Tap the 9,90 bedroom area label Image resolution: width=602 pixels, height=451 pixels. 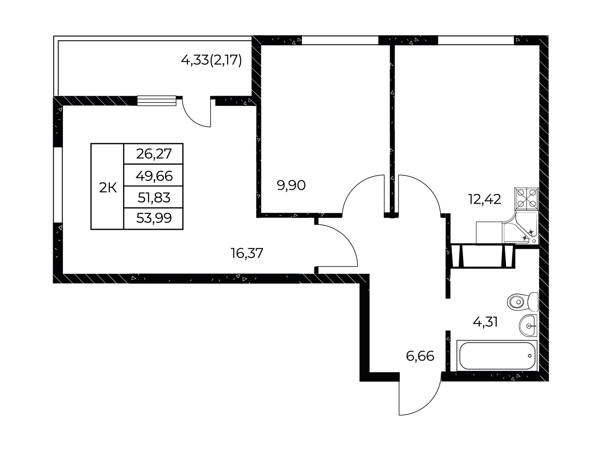(291, 185)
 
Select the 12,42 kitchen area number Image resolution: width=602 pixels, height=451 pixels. (484, 199)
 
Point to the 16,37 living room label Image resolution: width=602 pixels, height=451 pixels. (247, 253)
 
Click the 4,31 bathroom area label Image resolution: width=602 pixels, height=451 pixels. (485, 322)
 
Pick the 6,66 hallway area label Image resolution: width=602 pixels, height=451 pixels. (420, 356)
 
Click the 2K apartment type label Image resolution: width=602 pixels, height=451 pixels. (108, 188)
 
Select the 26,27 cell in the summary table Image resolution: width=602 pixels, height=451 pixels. (154, 154)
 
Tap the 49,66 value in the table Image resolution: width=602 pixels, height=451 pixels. (154, 176)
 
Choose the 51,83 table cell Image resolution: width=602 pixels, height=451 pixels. (154, 197)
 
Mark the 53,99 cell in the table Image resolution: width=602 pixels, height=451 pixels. (154, 218)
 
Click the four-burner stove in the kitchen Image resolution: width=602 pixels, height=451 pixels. (526, 199)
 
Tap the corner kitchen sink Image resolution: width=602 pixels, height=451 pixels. (520, 228)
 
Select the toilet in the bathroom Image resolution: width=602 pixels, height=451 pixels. (523, 302)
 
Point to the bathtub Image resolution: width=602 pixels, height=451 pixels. (497, 356)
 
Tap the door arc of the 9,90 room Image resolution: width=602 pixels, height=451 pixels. (351, 188)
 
